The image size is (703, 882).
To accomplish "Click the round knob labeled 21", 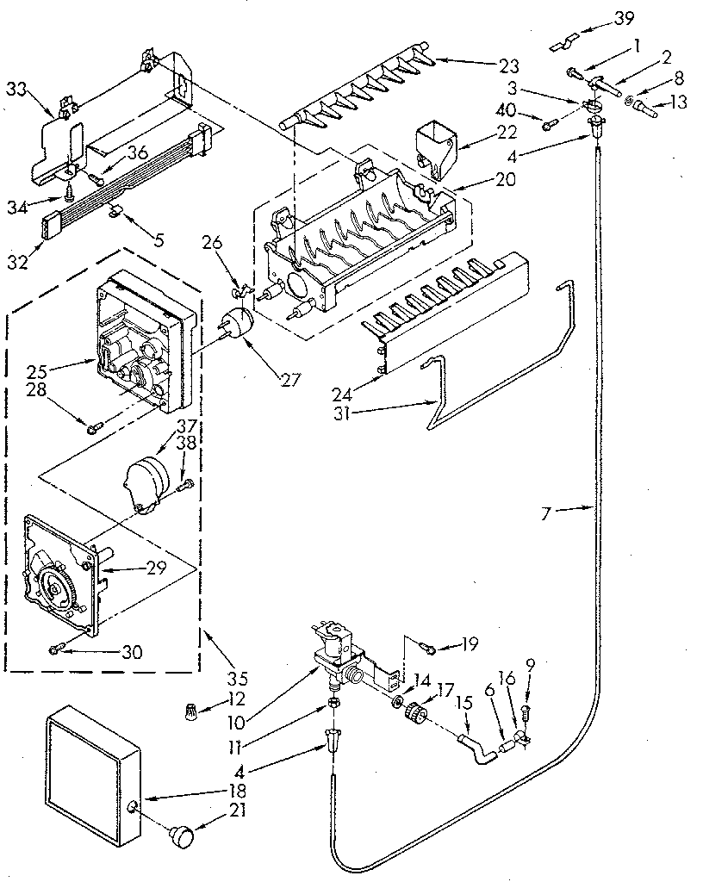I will [x=182, y=834].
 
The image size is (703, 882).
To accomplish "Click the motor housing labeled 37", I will [x=151, y=475].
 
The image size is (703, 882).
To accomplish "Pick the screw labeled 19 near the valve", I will [x=427, y=643].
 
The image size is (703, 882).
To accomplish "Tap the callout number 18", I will [x=239, y=790].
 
